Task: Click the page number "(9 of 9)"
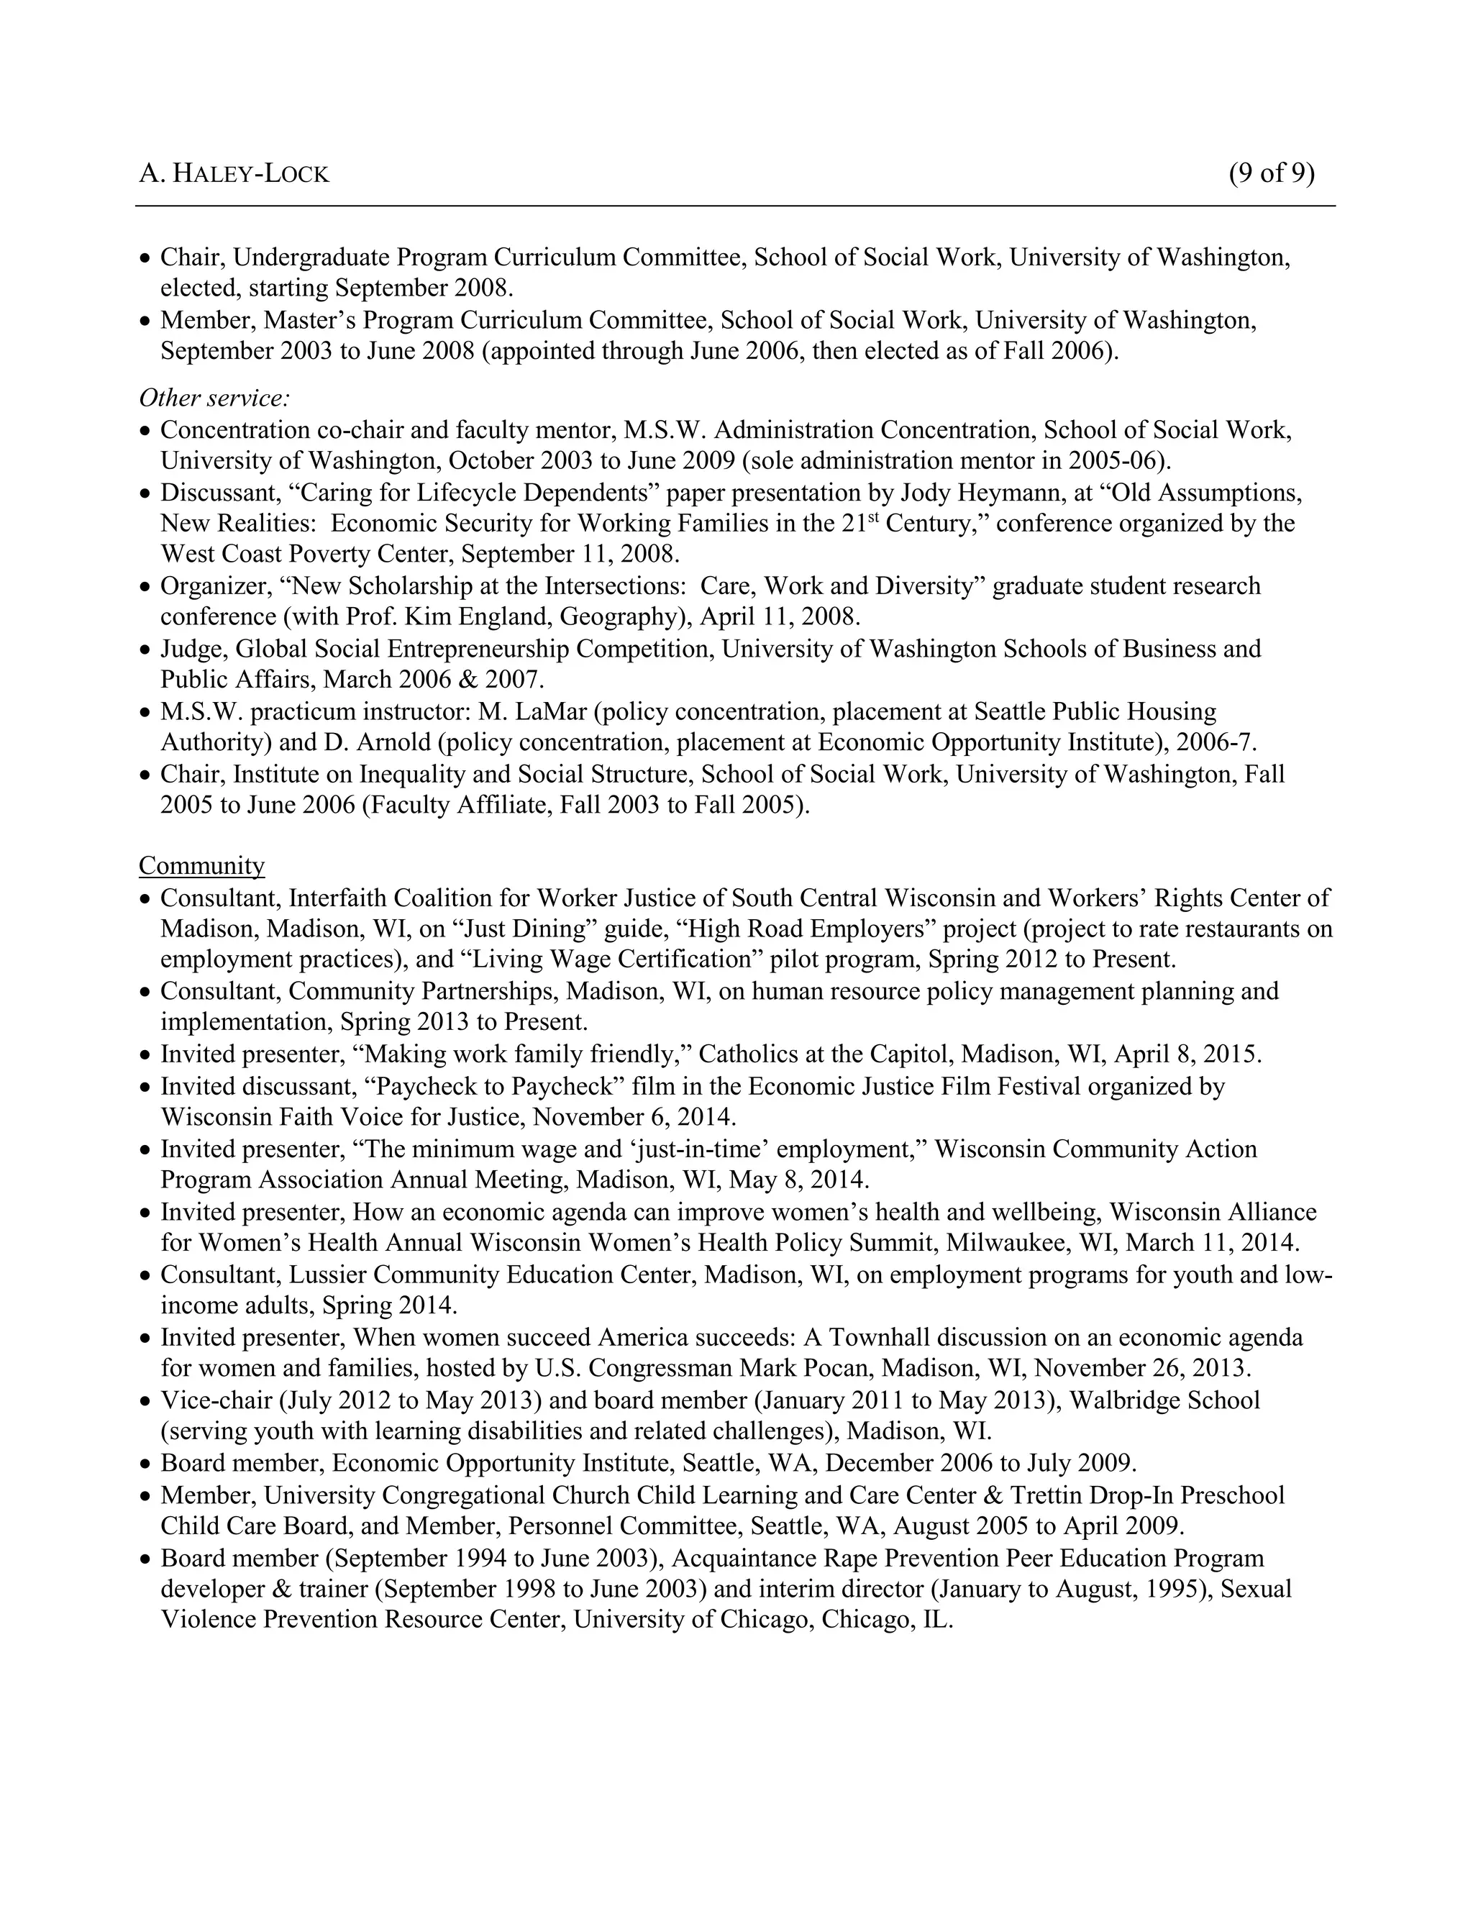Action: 1271,173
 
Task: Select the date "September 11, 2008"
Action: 570,554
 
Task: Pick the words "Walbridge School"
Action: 1164,1400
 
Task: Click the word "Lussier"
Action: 327,1275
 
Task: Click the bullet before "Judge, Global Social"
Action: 146,651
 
